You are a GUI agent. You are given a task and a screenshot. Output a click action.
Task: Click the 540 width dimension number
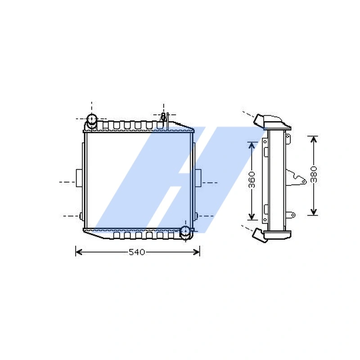(137, 252)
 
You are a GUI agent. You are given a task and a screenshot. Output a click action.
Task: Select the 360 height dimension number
(252, 180)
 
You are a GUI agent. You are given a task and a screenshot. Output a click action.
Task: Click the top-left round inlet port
(92, 120)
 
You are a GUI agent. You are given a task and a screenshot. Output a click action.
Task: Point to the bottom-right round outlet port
(185, 231)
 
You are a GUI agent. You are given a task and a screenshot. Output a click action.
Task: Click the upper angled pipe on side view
(260, 120)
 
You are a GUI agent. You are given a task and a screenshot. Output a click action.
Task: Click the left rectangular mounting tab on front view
(79, 177)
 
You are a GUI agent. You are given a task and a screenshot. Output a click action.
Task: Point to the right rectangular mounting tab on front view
(198, 177)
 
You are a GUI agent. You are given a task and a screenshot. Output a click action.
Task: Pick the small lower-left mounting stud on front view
(81, 216)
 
